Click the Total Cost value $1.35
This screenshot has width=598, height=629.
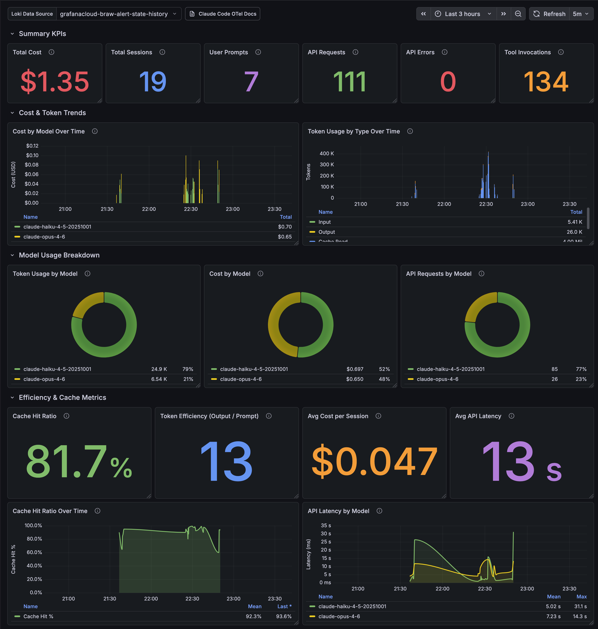(55, 82)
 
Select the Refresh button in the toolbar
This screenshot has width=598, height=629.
(549, 14)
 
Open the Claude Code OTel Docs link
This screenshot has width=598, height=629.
(223, 14)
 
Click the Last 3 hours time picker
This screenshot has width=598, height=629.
(463, 14)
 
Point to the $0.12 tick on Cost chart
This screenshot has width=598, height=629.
(32, 146)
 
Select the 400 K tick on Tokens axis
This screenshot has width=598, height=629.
(327, 154)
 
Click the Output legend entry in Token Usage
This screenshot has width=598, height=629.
(327, 232)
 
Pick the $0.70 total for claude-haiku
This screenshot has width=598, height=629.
(284, 227)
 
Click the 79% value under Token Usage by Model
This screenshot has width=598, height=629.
(188, 369)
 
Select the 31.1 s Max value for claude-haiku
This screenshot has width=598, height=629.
(580, 606)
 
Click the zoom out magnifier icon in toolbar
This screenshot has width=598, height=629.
(518, 14)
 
